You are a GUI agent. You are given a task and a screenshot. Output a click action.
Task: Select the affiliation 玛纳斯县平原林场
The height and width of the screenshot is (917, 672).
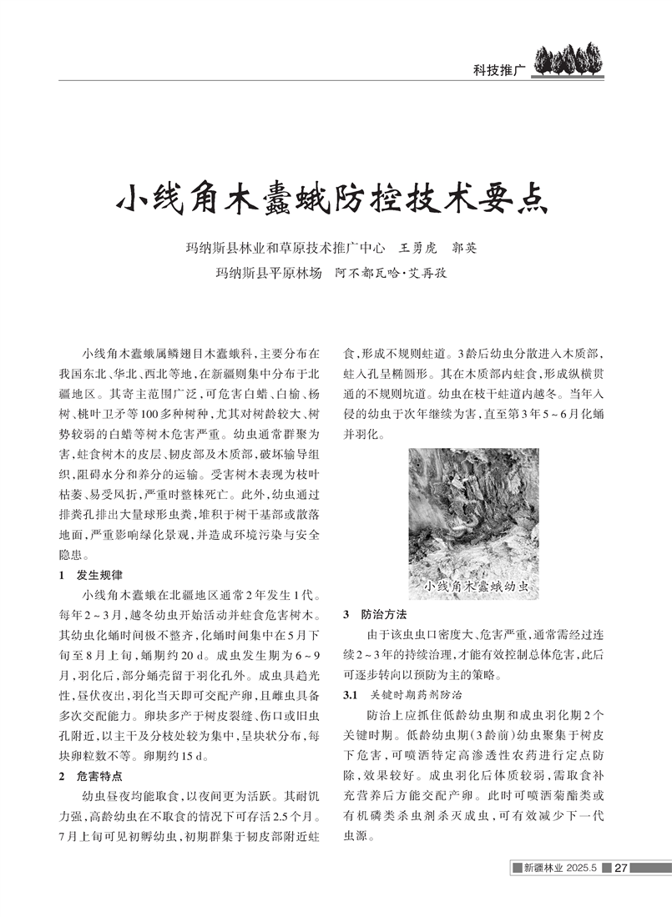(x=268, y=272)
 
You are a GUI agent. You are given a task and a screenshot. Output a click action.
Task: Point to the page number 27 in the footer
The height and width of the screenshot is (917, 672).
(x=620, y=868)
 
